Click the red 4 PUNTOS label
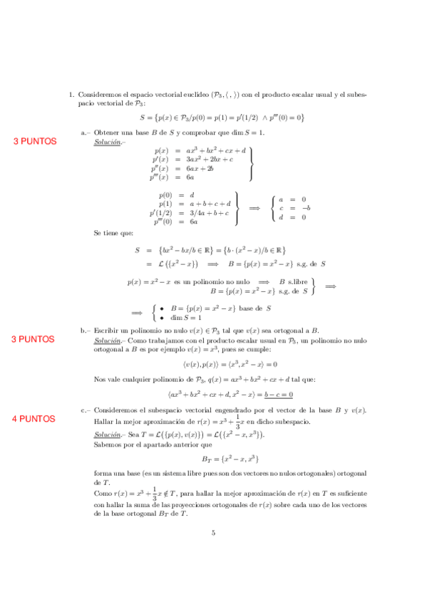tap(34, 419)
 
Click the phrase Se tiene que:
tap(113, 232)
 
